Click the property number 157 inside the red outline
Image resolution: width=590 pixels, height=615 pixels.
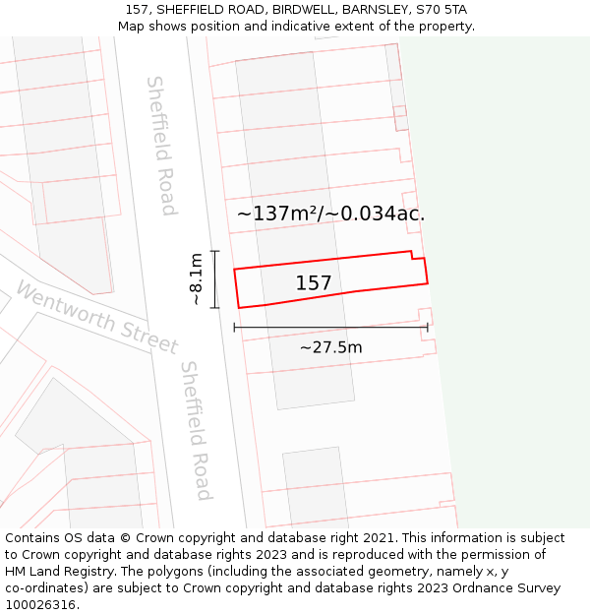click(x=314, y=283)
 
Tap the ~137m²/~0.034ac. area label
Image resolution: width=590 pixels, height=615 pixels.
click(x=330, y=213)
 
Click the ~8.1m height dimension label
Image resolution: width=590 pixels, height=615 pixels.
click(x=197, y=279)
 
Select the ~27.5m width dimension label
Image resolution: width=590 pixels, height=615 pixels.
click(x=330, y=347)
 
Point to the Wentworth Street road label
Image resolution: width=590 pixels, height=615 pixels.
click(x=96, y=317)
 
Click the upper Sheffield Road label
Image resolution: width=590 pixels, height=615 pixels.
click(x=160, y=145)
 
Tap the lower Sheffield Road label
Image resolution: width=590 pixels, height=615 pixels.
click(x=196, y=430)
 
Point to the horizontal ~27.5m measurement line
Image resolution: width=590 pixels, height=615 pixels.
click(x=330, y=327)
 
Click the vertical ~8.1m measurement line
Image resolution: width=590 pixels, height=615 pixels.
click(x=215, y=279)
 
